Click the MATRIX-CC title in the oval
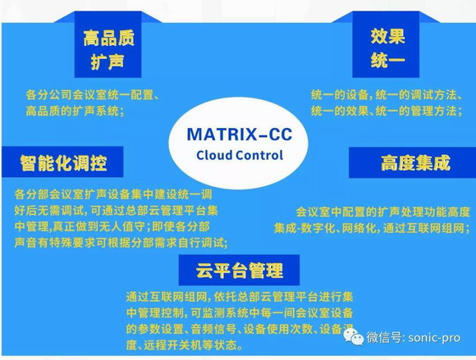[240, 134]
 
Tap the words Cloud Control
[240, 155]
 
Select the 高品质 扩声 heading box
[108, 44]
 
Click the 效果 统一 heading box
[386, 44]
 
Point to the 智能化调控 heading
[63, 162]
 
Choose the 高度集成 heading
[414, 162]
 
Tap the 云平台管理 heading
[239, 270]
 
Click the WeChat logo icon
[354, 337]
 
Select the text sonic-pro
[434, 338]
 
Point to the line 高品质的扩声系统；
[76, 111]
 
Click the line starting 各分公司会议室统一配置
[92, 95]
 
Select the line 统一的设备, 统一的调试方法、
[387, 95]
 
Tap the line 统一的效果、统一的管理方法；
[387, 111]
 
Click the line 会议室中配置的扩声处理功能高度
[382, 212]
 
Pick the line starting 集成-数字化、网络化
[372, 228]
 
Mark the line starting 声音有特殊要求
[121, 243]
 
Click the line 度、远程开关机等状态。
[185, 345]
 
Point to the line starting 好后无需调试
[117, 211]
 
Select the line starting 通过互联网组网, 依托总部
[240, 296]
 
